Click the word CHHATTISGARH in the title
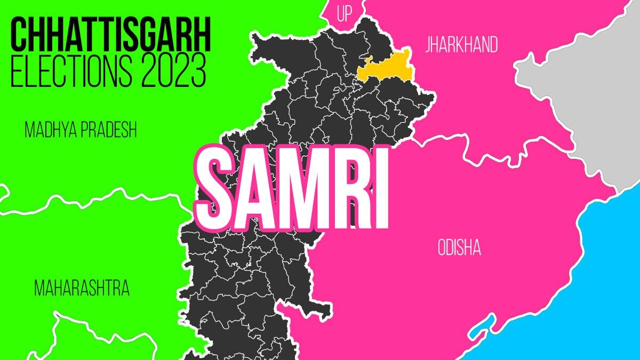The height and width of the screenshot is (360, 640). pos(110,34)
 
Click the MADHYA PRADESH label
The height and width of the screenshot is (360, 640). pos(81,130)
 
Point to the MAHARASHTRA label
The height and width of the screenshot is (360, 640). pos(82,289)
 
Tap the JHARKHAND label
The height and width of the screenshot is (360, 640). pos(461,45)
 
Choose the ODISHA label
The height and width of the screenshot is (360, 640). pos(459,248)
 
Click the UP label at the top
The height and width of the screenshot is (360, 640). pos(345,14)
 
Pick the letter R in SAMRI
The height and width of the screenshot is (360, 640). pos(346,186)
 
